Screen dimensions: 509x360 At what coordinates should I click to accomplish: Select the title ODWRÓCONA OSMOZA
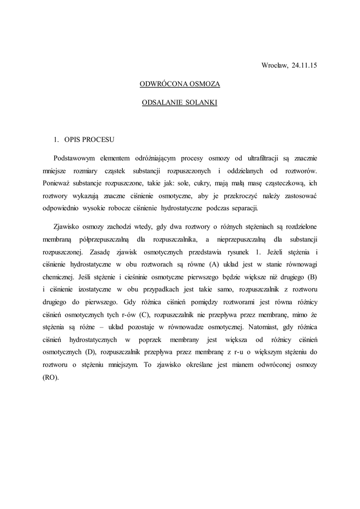(x=180, y=85)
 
